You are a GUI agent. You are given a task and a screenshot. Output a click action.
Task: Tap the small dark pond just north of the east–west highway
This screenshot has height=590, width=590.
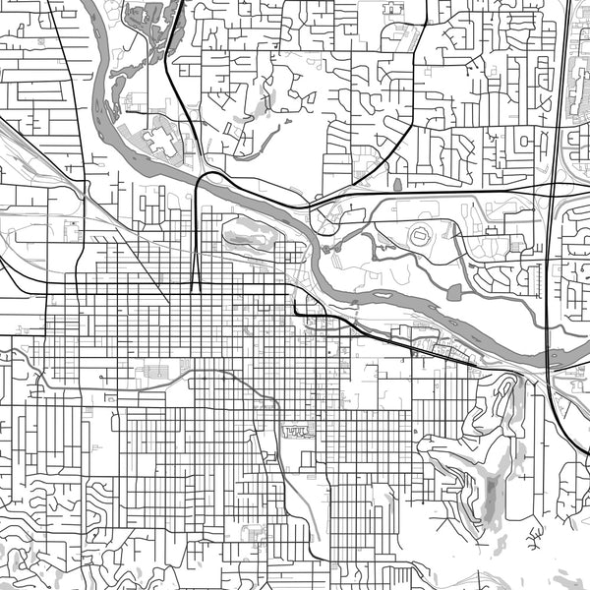[397, 184]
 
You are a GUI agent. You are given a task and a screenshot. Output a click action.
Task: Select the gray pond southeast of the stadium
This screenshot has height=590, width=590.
[453, 291]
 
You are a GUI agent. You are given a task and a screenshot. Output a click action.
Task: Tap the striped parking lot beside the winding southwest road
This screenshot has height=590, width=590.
[157, 372]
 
